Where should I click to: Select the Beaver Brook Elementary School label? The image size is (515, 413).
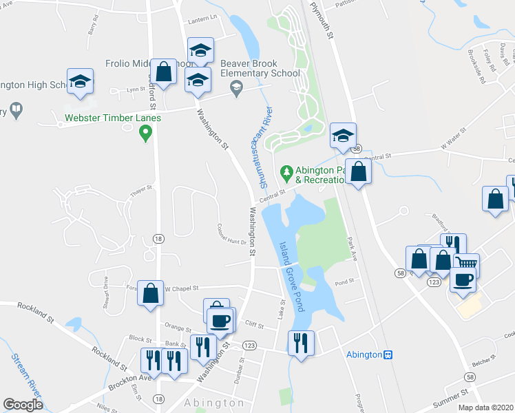pyautogui.click(x=260, y=68)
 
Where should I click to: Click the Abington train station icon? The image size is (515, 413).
pyautogui.click(x=388, y=354)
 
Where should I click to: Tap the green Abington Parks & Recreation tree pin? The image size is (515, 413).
pyautogui.click(x=286, y=171)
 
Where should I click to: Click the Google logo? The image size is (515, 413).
pyautogui.click(x=23, y=405)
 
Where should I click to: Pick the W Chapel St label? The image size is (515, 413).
pyautogui.click(x=180, y=289)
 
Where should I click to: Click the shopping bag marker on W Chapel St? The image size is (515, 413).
pyautogui.click(x=151, y=293)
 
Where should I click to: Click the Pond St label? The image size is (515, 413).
pyautogui.click(x=344, y=282)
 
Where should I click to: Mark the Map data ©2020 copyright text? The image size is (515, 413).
pyautogui.click(x=485, y=407)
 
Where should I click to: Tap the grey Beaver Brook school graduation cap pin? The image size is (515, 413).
pyautogui.click(x=237, y=87)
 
